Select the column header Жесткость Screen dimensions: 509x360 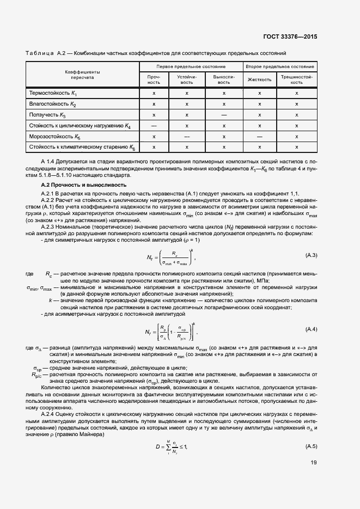tap(260, 79)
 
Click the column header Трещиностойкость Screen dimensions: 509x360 tap(296, 79)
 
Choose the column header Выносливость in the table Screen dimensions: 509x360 tap(224, 79)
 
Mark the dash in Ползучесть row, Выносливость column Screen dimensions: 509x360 tap(224, 115)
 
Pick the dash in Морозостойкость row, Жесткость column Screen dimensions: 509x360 tap(260, 137)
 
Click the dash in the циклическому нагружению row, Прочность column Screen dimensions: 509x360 tap(154, 126)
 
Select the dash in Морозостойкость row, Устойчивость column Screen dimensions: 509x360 tap(187, 137)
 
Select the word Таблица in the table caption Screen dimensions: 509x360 tap(40, 53)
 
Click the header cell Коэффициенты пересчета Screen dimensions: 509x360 tap(82, 75)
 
